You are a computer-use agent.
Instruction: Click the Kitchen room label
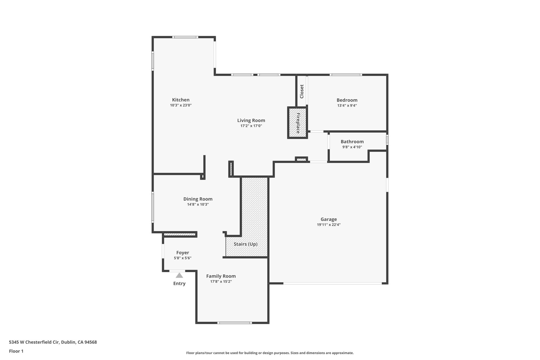tap(181, 100)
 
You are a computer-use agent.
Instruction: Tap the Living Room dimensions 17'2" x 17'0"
tap(251, 126)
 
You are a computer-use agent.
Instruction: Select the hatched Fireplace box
tap(297, 123)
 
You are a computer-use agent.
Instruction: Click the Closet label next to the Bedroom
tap(302, 91)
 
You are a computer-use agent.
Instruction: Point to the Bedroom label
tap(347, 100)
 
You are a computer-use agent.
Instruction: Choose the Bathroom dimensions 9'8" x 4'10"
tap(352, 147)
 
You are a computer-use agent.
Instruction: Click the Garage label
tap(329, 219)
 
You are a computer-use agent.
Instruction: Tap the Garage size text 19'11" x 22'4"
tap(329, 225)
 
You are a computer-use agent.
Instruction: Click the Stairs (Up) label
tap(245, 244)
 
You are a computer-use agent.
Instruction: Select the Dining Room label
tap(198, 199)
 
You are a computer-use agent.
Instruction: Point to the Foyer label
tap(182, 253)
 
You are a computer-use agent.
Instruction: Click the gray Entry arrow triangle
tap(179, 276)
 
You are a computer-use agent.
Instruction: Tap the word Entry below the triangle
tap(179, 284)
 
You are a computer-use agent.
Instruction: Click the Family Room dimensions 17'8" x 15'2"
tap(221, 282)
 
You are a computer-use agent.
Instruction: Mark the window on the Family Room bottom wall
tap(234, 323)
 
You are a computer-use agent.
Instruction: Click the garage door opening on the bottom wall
tap(332, 283)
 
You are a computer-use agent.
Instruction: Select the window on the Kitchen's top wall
tap(185, 37)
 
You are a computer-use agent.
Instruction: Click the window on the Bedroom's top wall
tap(346, 75)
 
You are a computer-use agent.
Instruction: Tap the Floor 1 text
tap(16, 351)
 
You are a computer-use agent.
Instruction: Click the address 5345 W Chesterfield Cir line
tap(53, 342)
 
